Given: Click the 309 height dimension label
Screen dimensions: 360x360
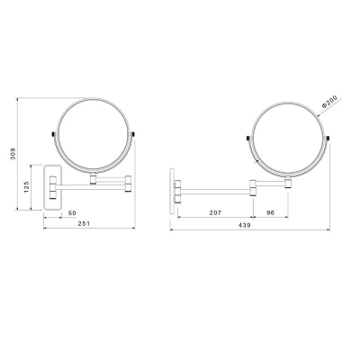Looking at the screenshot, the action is tap(13, 154).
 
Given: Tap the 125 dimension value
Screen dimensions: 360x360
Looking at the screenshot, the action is tap(26, 187).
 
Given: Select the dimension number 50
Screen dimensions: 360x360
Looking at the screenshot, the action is tap(72, 213).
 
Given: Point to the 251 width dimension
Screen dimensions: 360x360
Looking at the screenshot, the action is tap(84, 223).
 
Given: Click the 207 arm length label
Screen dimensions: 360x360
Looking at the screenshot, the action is tap(215, 212).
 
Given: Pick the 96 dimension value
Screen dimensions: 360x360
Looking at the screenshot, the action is tap(271, 212).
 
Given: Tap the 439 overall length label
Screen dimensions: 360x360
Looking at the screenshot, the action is tap(245, 225).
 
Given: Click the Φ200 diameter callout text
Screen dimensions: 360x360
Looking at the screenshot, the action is tap(329, 102).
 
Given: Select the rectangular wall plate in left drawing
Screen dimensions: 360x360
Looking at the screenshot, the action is tap(52, 187).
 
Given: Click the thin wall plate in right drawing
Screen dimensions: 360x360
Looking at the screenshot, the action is tap(172, 192).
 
